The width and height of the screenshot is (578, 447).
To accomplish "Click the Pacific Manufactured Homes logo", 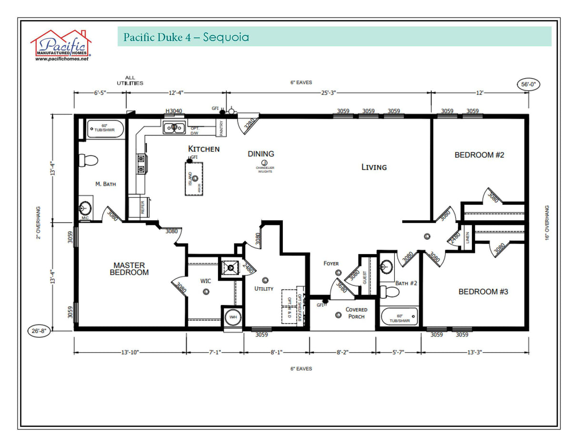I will pyautogui.click(x=60, y=45).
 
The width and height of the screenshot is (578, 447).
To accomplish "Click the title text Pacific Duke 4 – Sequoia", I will pyautogui.click(x=186, y=37).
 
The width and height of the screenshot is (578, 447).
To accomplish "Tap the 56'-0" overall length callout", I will pyautogui.click(x=528, y=84).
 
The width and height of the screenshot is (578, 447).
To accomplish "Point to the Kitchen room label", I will pyautogui.click(x=204, y=149).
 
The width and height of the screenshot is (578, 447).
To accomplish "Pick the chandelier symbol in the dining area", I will pyautogui.click(x=264, y=163).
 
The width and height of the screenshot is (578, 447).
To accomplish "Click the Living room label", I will pyautogui.click(x=374, y=167).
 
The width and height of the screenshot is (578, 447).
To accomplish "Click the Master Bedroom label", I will pyautogui.click(x=129, y=269).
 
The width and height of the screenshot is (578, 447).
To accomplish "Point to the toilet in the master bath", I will pyautogui.click(x=88, y=160).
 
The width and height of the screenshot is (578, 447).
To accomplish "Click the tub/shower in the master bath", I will pyautogui.click(x=105, y=129).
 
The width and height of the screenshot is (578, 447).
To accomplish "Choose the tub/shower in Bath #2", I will pyautogui.click(x=399, y=317).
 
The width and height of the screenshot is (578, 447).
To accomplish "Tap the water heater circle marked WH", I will pyautogui.click(x=233, y=317).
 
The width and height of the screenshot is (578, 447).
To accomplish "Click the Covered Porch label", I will pyautogui.click(x=356, y=313).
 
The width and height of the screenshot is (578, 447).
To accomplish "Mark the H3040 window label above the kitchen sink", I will pyautogui.click(x=173, y=111).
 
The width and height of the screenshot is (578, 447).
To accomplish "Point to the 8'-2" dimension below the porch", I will pyautogui.click(x=343, y=353).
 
